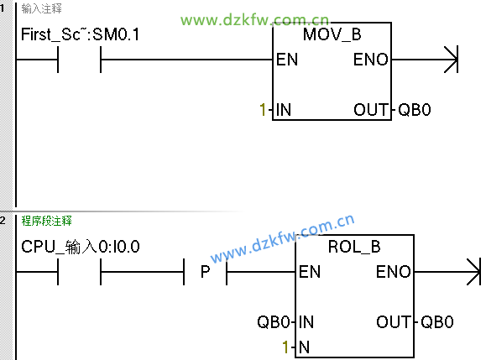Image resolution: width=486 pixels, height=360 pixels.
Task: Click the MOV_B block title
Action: [x=332, y=34]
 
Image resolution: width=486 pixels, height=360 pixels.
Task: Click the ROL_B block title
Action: [x=354, y=247]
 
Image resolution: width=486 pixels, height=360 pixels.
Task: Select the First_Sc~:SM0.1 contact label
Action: [x=80, y=34]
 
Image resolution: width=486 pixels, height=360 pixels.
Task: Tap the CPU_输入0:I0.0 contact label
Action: [x=81, y=247]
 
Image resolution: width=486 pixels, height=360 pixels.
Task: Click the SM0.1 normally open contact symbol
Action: [x=80, y=60]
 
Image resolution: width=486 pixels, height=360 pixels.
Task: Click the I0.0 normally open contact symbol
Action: [x=80, y=272]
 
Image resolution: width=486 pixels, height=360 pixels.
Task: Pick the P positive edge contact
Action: [x=205, y=272]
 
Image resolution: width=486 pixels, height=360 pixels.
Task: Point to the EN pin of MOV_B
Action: [x=287, y=60]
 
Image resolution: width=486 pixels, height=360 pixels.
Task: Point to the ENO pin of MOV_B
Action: [x=371, y=60]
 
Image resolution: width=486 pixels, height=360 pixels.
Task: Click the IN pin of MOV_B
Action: [x=284, y=110]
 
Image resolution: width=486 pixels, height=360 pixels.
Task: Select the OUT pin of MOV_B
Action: [x=371, y=110]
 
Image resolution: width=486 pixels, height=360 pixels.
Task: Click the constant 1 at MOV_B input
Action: [x=263, y=110]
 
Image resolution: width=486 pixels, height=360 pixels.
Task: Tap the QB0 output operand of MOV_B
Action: [x=415, y=110]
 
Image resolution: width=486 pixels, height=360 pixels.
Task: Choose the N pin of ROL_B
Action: [x=305, y=347]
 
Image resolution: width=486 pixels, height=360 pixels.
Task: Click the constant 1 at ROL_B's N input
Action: [x=285, y=347]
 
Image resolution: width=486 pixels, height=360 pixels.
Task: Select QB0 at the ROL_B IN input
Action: [x=274, y=322]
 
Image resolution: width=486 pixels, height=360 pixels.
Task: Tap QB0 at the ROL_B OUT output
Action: [x=437, y=322]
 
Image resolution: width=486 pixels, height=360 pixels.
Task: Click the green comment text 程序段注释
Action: [x=46, y=222]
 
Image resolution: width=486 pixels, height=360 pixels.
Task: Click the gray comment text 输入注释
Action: [x=41, y=8]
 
